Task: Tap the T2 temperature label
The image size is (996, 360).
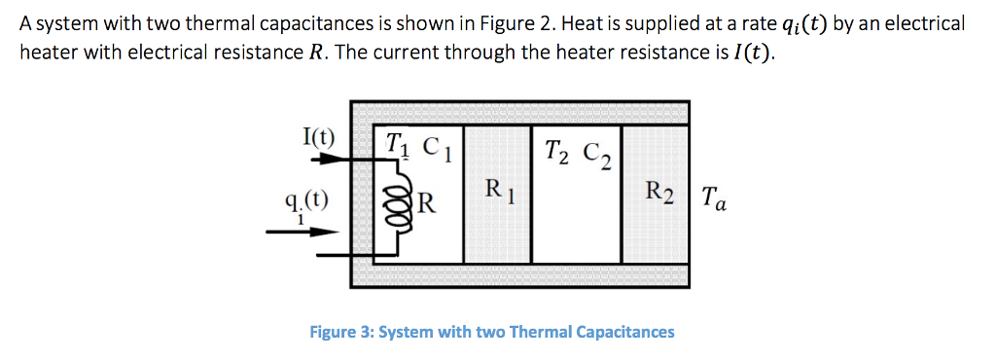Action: pos(556,150)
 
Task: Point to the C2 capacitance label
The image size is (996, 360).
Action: pos(594,153)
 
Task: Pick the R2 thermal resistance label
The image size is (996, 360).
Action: pos(658,191)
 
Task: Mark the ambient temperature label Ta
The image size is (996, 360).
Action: pos(711,202)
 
